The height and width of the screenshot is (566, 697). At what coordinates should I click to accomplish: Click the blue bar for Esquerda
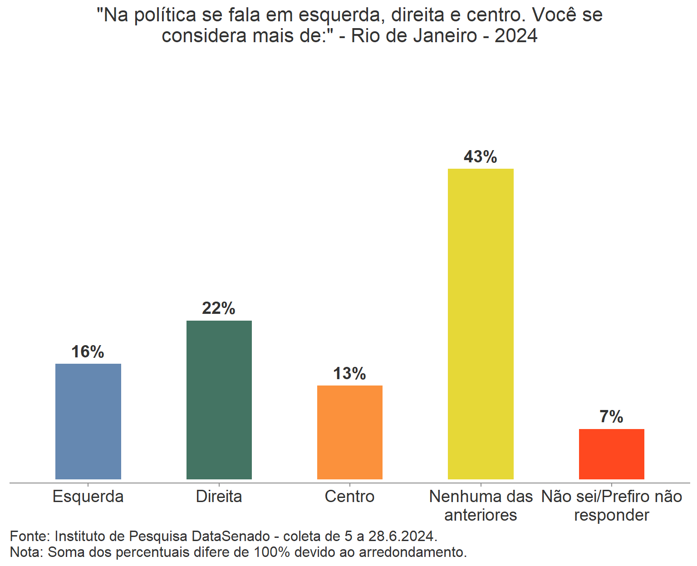coord(88,421)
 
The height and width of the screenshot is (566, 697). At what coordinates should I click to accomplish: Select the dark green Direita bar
coord(219,400)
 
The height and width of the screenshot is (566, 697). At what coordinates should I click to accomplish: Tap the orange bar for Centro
coord(350,432)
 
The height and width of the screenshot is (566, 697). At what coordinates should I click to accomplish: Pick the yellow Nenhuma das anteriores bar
coord(481,324)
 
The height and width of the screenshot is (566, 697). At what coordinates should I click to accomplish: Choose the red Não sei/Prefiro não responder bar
coord(612,454)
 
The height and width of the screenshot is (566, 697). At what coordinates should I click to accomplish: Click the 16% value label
coord(88,352)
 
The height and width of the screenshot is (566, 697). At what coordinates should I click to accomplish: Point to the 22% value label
coord(219,308)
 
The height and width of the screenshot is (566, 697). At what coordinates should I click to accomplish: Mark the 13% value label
coord(350,374)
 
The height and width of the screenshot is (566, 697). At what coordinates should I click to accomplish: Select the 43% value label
coord(481,157)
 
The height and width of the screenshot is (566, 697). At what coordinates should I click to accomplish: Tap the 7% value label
coord(612,417)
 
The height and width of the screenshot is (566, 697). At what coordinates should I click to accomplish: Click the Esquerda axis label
coord(88,497)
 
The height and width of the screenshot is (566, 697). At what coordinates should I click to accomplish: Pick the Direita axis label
coord(219,497)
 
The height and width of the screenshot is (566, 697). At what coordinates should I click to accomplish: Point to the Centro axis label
coord(350,497)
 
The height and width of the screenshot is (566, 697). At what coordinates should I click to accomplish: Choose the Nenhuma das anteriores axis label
coord(481,506)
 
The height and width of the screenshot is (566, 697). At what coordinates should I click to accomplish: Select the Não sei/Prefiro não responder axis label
coord(612,506)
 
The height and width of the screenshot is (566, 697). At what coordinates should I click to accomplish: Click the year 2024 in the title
coord(516,36)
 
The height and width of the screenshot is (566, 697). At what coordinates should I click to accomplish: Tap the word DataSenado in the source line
coord(231,536)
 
